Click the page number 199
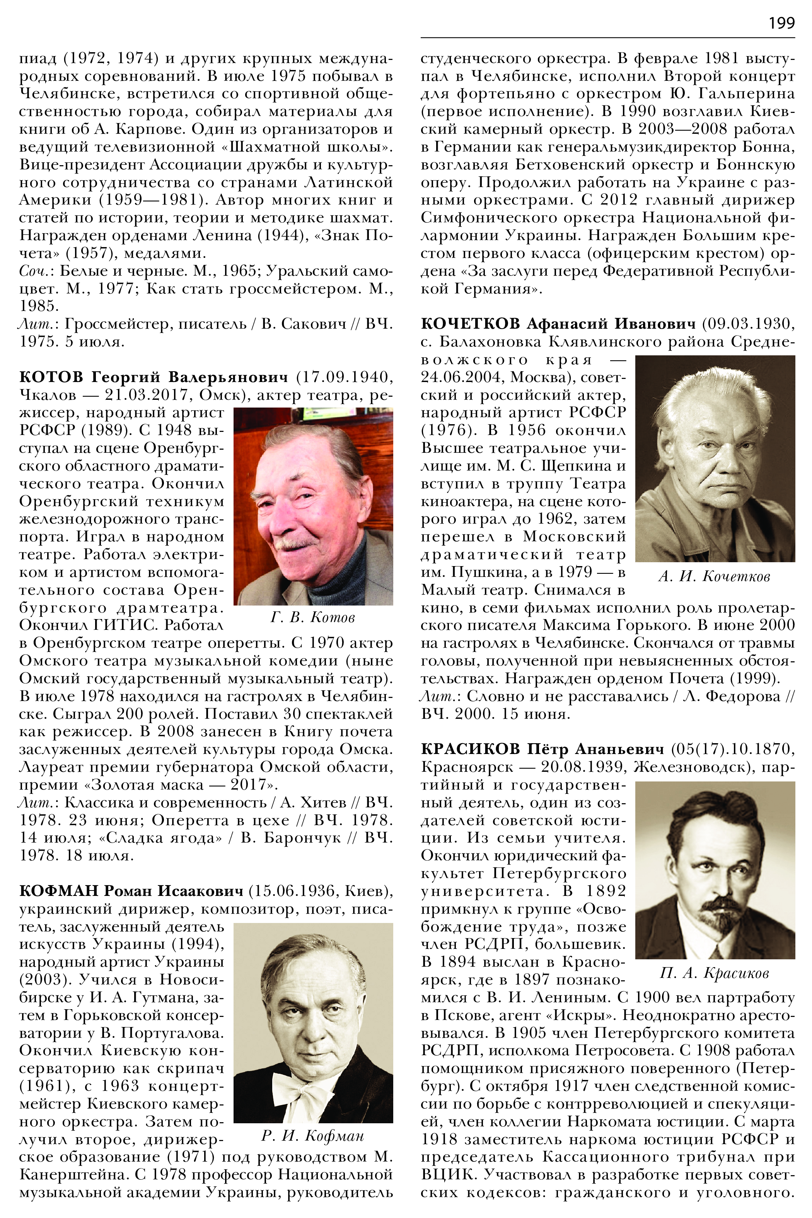(x=781, y=23)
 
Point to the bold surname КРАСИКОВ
(x=470, y=749)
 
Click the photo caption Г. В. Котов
(x=313, y=617)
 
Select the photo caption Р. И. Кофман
(x=313, y=1136)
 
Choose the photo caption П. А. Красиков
(x=715, y=973)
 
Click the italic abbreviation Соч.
(x=36, y=271)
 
